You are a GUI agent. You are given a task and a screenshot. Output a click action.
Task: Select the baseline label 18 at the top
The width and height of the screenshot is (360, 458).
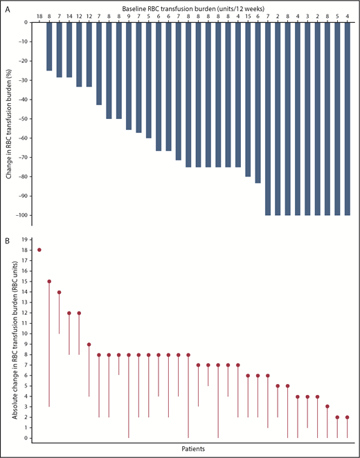coord(39,16)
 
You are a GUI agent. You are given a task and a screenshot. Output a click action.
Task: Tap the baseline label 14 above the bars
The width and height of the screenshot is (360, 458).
coord(69,16)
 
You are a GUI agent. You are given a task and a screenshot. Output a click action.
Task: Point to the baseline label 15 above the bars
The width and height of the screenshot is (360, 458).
coord(248,16)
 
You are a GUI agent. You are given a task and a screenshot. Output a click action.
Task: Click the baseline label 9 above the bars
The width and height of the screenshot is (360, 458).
coord(129,16)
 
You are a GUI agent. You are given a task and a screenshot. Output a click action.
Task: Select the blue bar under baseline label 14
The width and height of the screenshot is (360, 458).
coord(69,49)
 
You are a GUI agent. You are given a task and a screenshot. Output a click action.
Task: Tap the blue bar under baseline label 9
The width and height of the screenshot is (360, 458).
coord(129,76)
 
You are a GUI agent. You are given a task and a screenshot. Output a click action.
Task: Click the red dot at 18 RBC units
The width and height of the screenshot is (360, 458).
coord(39,250)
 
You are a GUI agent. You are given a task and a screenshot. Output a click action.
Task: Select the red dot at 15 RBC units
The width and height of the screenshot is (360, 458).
coord(49,281)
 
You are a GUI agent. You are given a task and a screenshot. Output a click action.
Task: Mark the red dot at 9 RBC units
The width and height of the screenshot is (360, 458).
coord(89,344)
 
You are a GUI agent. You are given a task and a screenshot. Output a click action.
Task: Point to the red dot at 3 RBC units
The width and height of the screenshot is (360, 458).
coord(327,407)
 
